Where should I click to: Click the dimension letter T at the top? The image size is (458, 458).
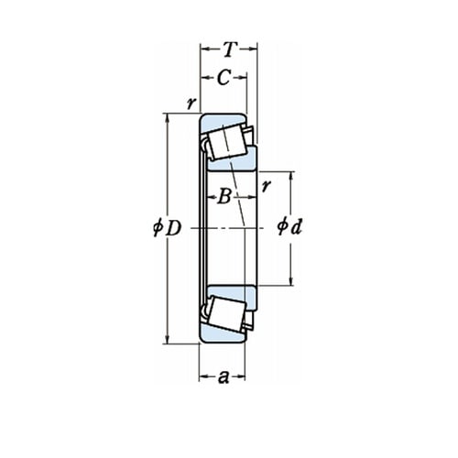[230, 49]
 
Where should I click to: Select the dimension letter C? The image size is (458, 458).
[224, 78]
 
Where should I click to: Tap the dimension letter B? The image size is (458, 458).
[224, 197]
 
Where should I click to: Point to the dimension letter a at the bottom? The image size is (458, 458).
[224, 377]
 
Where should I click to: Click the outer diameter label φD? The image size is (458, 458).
[168, 228]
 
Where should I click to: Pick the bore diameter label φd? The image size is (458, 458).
[289, 226]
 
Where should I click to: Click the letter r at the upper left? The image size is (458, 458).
[191, 104]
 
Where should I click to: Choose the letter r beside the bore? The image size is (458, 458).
[267, 186]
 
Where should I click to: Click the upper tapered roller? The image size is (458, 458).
[226, 142]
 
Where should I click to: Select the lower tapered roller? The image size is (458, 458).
[226, 314]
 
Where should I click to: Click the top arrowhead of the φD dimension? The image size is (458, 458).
[167, 117]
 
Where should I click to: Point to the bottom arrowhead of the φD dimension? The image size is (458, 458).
[167, 340]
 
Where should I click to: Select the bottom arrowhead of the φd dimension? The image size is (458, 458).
[291, 281]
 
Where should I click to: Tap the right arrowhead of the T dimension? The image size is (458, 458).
[253, 49]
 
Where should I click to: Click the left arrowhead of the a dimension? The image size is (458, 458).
[203, 377]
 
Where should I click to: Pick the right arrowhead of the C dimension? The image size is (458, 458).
[243, 78]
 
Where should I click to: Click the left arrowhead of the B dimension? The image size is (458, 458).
[212, 198]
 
